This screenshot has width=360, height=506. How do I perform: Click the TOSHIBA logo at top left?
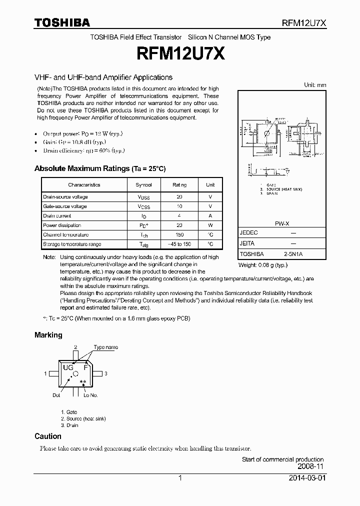[62, 22]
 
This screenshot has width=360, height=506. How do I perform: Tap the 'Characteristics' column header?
[84, 185]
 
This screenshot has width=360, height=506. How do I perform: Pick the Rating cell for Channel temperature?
[179, 235]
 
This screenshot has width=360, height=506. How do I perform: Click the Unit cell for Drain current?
[210, 216]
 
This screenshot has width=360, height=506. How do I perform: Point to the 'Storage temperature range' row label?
[71, 244]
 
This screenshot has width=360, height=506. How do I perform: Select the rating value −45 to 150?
[179, 244]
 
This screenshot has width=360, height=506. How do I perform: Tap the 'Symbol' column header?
[143, 185]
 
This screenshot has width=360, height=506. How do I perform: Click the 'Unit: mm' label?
[315, 85]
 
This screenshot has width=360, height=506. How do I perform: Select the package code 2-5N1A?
[293, 254]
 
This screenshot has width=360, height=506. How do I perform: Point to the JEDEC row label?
[248, 233]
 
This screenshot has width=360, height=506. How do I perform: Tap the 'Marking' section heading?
[48, 335]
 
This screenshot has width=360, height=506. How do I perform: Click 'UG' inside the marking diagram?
[68, 367]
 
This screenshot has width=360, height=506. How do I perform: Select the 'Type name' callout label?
[105, 347]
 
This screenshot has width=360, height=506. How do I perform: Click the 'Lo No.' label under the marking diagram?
[90, 395]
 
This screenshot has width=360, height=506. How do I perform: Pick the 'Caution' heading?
[48, 436]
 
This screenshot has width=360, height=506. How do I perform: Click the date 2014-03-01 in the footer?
[307, 478]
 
